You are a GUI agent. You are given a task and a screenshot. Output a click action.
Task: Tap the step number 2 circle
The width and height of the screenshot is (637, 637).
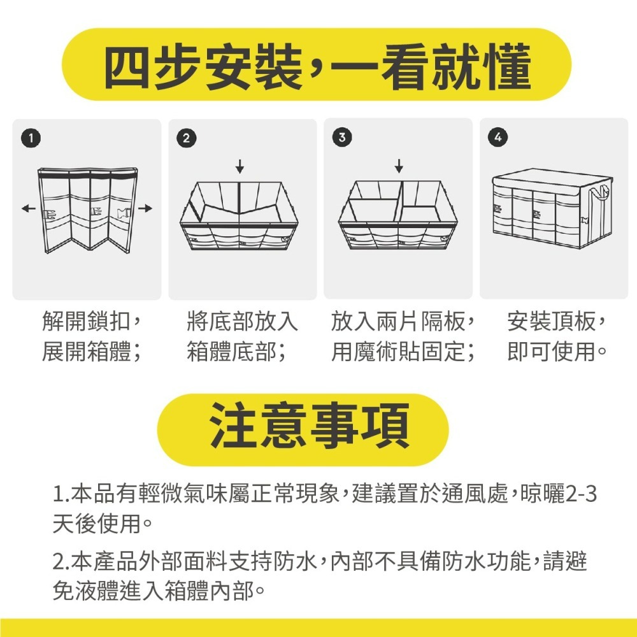coord(186,137)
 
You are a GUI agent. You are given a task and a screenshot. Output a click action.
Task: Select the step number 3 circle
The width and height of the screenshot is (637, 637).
coord(342,137)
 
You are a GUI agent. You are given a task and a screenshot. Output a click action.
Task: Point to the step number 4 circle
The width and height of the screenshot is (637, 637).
coord(497,137)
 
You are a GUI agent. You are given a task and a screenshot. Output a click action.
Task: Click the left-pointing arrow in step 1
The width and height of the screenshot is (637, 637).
coord(27,208)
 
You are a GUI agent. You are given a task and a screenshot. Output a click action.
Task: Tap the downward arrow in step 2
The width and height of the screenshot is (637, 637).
coord(240,166)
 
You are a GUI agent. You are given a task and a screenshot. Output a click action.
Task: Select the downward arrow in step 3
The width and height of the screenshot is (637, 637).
coord(399,166)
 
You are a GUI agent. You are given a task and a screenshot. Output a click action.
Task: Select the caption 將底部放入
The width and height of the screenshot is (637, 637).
coord(242,322)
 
